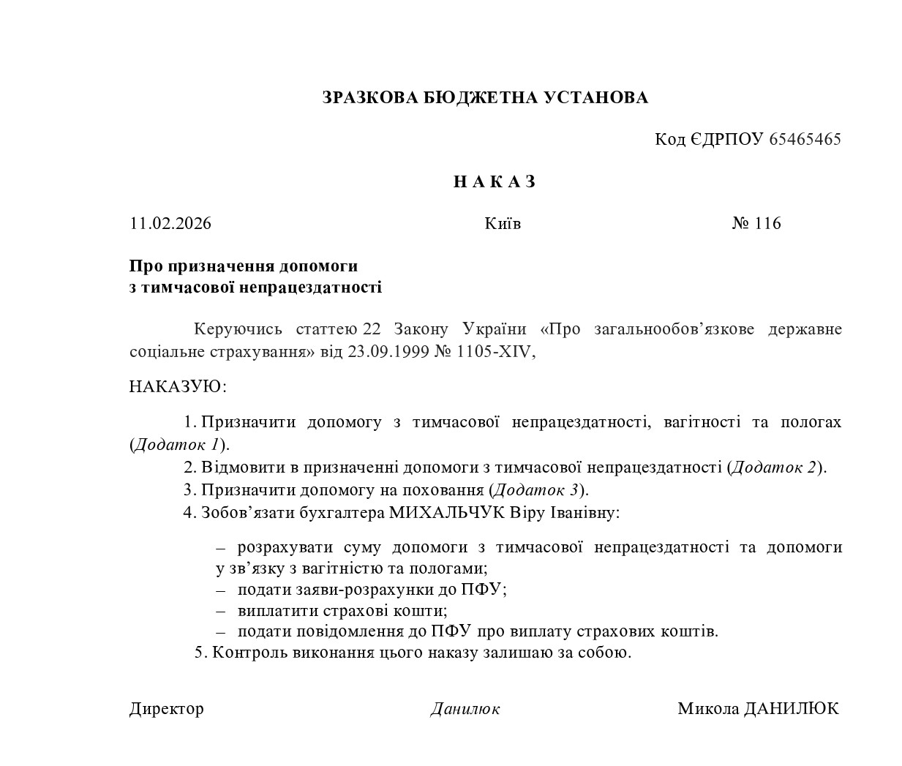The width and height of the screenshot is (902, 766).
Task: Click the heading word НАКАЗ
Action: [x=495, y=182]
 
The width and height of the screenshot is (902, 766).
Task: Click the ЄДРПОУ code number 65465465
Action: [x=805, y=139]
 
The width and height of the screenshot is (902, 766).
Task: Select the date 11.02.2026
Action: [x=170, y=223]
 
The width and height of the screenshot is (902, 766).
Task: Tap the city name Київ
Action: [x=503, y=223]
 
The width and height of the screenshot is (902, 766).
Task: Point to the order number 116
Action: [x=767, y=223]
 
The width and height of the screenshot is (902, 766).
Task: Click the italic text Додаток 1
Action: [x=177, y=444]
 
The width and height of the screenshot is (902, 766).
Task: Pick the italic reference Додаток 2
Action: [x=774, y=467]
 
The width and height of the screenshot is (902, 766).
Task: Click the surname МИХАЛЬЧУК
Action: [x=446, y=512]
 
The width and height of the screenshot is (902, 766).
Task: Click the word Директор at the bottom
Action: [x=167, y=708]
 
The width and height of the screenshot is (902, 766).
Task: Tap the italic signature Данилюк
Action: [x=465, y=708]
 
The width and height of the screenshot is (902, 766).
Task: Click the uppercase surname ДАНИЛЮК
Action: [x=791, y=708]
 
